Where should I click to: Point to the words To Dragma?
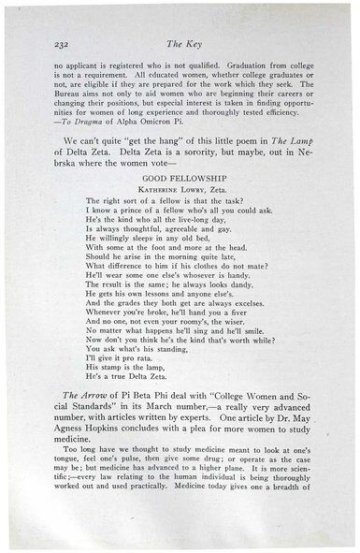[x=79, y=119]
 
